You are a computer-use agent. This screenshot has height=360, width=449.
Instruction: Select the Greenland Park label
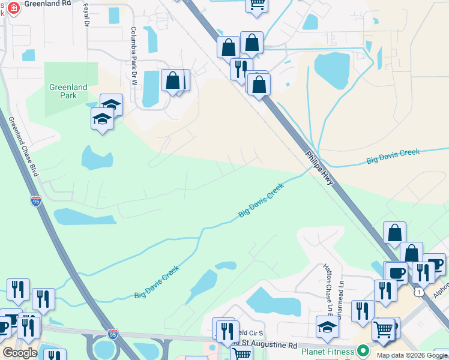click(68, 91)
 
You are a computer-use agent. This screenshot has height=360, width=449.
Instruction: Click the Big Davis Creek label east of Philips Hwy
click(393, 157)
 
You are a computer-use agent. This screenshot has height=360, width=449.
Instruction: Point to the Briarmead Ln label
click(341, 298)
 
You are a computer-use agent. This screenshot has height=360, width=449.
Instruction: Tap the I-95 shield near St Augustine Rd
click(112, 334)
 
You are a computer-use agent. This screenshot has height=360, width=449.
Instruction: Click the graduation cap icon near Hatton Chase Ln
click(327, 327)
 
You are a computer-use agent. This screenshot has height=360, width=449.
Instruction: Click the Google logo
click(19, 353)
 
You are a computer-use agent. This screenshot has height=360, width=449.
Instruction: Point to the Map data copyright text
click(412, 355)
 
